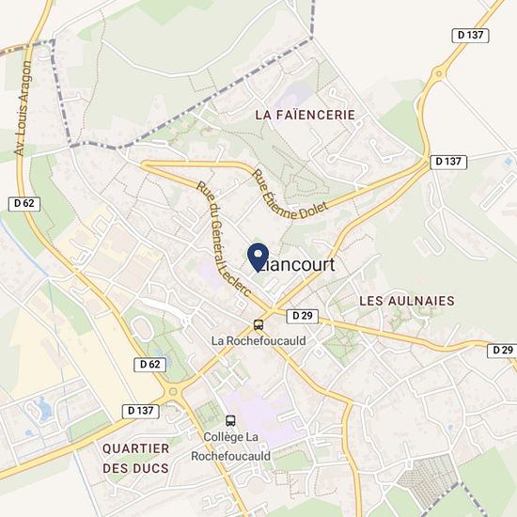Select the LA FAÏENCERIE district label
pos(305,114)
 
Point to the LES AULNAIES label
pos(407,301)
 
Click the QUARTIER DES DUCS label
pos(136,458)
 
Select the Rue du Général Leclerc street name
pos(221,238)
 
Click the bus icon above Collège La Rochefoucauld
pos(231,420)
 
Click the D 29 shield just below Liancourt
pos(300,316)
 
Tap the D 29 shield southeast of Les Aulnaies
pos(502,350)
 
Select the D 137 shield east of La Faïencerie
pos(449,162)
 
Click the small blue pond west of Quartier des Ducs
pos(41,408)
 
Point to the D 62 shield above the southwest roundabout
pos(149,364)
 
